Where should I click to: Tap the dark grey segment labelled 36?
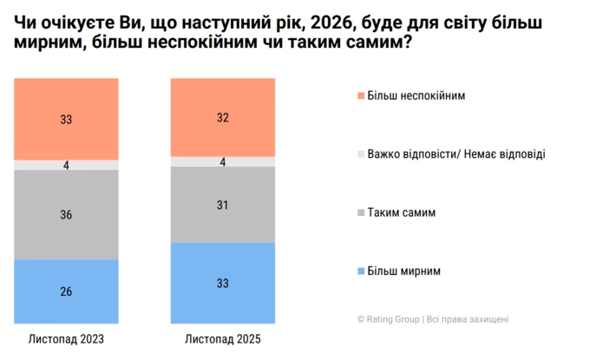(66, 213)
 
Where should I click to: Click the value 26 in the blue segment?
(66, 291)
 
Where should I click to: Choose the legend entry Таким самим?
(401, 212)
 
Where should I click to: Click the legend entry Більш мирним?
(404, 271)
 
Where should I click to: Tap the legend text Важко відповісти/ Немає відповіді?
(456, 154)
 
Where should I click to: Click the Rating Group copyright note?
(432, 318)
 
